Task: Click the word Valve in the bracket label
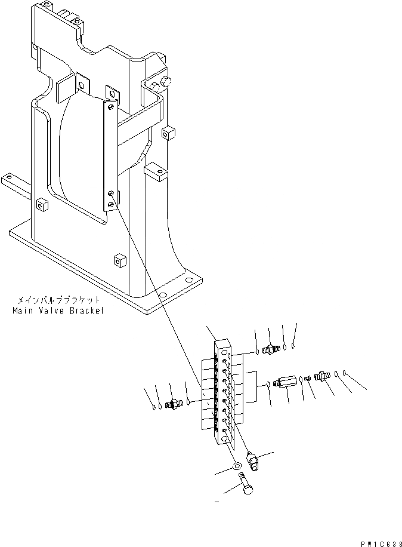coord(52,311)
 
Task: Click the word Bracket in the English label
coord(86,311)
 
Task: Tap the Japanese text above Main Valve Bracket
coord(57,301)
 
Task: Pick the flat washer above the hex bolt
coord(237,465)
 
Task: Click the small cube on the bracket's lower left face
coord(42,205)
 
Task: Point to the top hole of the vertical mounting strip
coord(111,106)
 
